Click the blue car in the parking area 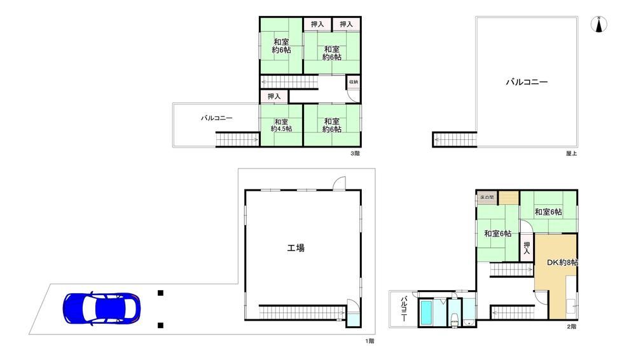(101, 309)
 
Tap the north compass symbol (598, 24)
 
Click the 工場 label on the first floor (296, 247)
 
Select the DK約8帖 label (562, 263)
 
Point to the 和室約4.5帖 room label (282, 125)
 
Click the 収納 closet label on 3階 (354, 82)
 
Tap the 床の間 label (487, 198)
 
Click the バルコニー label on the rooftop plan (527, 82)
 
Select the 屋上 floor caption (572, 153)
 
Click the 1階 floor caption (370, 341)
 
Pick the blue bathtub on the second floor (426, 313)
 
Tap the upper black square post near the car (161, 293)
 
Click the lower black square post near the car (161, 325)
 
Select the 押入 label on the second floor (527, 248)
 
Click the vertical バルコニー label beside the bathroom (404, 309)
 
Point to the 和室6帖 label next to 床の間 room (497, 234)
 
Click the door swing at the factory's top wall (339, 183)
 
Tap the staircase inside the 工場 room (302, 312)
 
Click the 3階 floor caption (355, 153)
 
